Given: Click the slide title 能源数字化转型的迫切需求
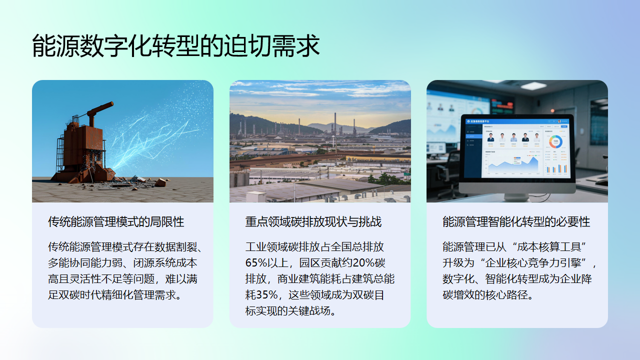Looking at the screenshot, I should pos(175,45).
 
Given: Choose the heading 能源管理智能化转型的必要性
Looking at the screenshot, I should pos(516,221).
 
